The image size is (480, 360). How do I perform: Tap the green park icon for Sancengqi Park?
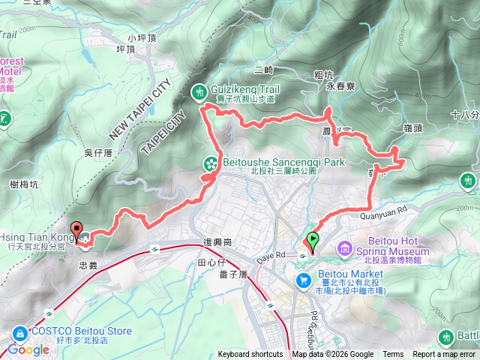211,163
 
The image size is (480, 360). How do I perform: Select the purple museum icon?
345,247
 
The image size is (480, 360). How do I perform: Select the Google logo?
28,349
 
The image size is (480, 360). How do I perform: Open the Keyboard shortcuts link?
250,355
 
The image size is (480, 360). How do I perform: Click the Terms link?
393,355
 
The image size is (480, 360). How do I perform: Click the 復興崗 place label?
219,242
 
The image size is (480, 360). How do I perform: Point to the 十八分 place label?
465,115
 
